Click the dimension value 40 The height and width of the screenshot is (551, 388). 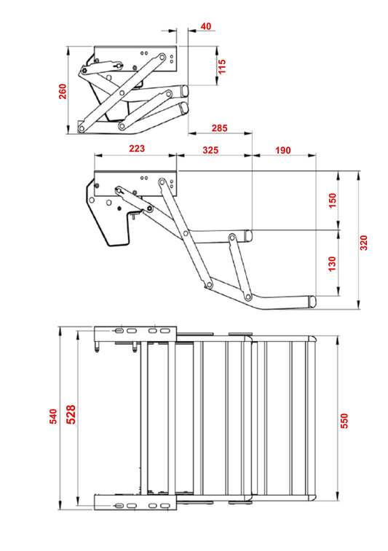click(205, 26)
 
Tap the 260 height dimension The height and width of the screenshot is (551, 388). click(63, 91)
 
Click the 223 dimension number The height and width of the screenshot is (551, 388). click(136, 149)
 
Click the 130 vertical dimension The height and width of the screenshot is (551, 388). click(332, 263)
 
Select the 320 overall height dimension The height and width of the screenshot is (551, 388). click(365, 242)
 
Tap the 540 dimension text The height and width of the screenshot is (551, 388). click(52, 416)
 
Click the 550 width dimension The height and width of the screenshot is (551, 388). click(344, 421)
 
